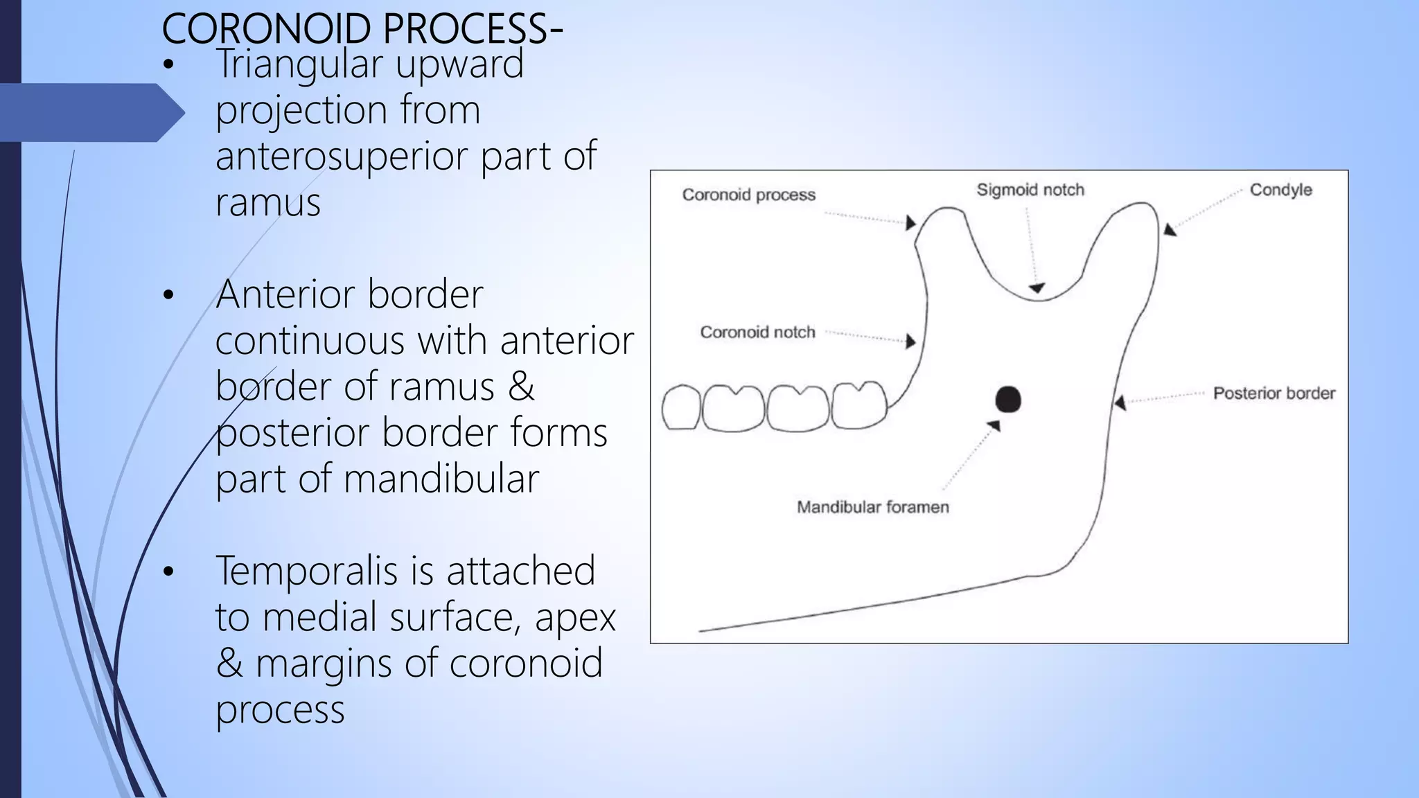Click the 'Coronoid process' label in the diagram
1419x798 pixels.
(748, 195)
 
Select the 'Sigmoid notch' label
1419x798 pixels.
(1030, 190)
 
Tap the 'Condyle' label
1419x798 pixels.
(1280, 190)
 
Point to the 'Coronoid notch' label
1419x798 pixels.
(757, 332)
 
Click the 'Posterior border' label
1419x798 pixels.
(1273, 393)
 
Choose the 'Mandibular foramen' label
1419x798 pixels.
(872, 507)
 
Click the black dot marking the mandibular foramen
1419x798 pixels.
(1008, 400)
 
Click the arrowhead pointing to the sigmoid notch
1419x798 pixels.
(1037, 287)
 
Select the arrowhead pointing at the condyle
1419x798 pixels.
(1170, 229)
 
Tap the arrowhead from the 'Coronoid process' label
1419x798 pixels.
(911, 222)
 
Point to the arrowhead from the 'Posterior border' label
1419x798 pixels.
(1120, 402)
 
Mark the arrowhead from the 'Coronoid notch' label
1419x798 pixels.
(911, 341)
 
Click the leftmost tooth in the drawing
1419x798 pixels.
(680, 408)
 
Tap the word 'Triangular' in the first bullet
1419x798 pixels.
(299, 64)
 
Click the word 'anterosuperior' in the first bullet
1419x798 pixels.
(342, 156)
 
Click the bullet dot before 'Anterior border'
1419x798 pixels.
(168, 296)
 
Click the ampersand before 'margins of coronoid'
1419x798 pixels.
(229, 664)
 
